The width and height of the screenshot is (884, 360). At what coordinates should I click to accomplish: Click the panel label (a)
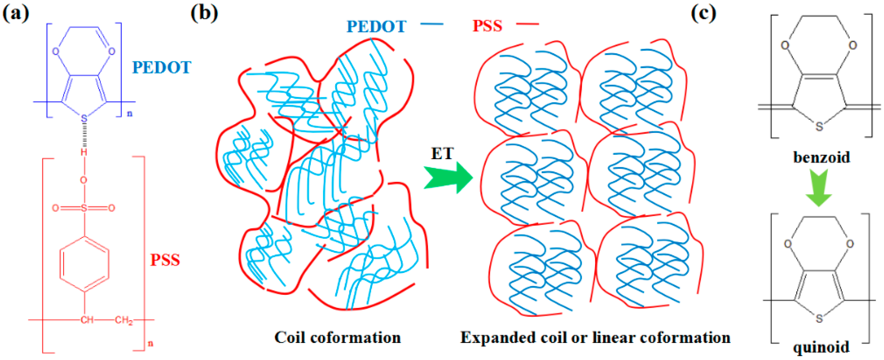(16, 14)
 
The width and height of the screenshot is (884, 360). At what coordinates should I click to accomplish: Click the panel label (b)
(205, 14)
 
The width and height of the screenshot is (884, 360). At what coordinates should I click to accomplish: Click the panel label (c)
(704, 14)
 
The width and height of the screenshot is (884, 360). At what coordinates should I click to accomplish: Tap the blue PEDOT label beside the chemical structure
(162, 68)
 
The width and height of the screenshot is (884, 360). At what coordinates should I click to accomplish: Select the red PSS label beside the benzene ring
(165, 260)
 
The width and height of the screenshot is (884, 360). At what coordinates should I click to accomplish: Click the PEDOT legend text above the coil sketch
(377, 26)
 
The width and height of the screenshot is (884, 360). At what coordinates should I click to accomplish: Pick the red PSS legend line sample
(528, 24)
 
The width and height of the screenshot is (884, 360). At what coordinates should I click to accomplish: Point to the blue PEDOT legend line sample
(432, 24)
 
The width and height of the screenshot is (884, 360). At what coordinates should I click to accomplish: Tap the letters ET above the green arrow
(442, 153)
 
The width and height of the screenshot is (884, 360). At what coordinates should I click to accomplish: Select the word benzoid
(821, 157)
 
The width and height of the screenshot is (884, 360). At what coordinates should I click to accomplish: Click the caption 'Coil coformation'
(337, 337)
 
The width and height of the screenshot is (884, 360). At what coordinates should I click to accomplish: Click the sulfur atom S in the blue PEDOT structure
(84, 119)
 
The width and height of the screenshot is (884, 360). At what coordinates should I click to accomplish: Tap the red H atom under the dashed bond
(84, 152)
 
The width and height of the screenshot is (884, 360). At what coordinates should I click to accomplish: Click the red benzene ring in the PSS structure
(84, 263)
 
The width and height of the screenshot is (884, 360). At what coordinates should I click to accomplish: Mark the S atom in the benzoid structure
(819, 127)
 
